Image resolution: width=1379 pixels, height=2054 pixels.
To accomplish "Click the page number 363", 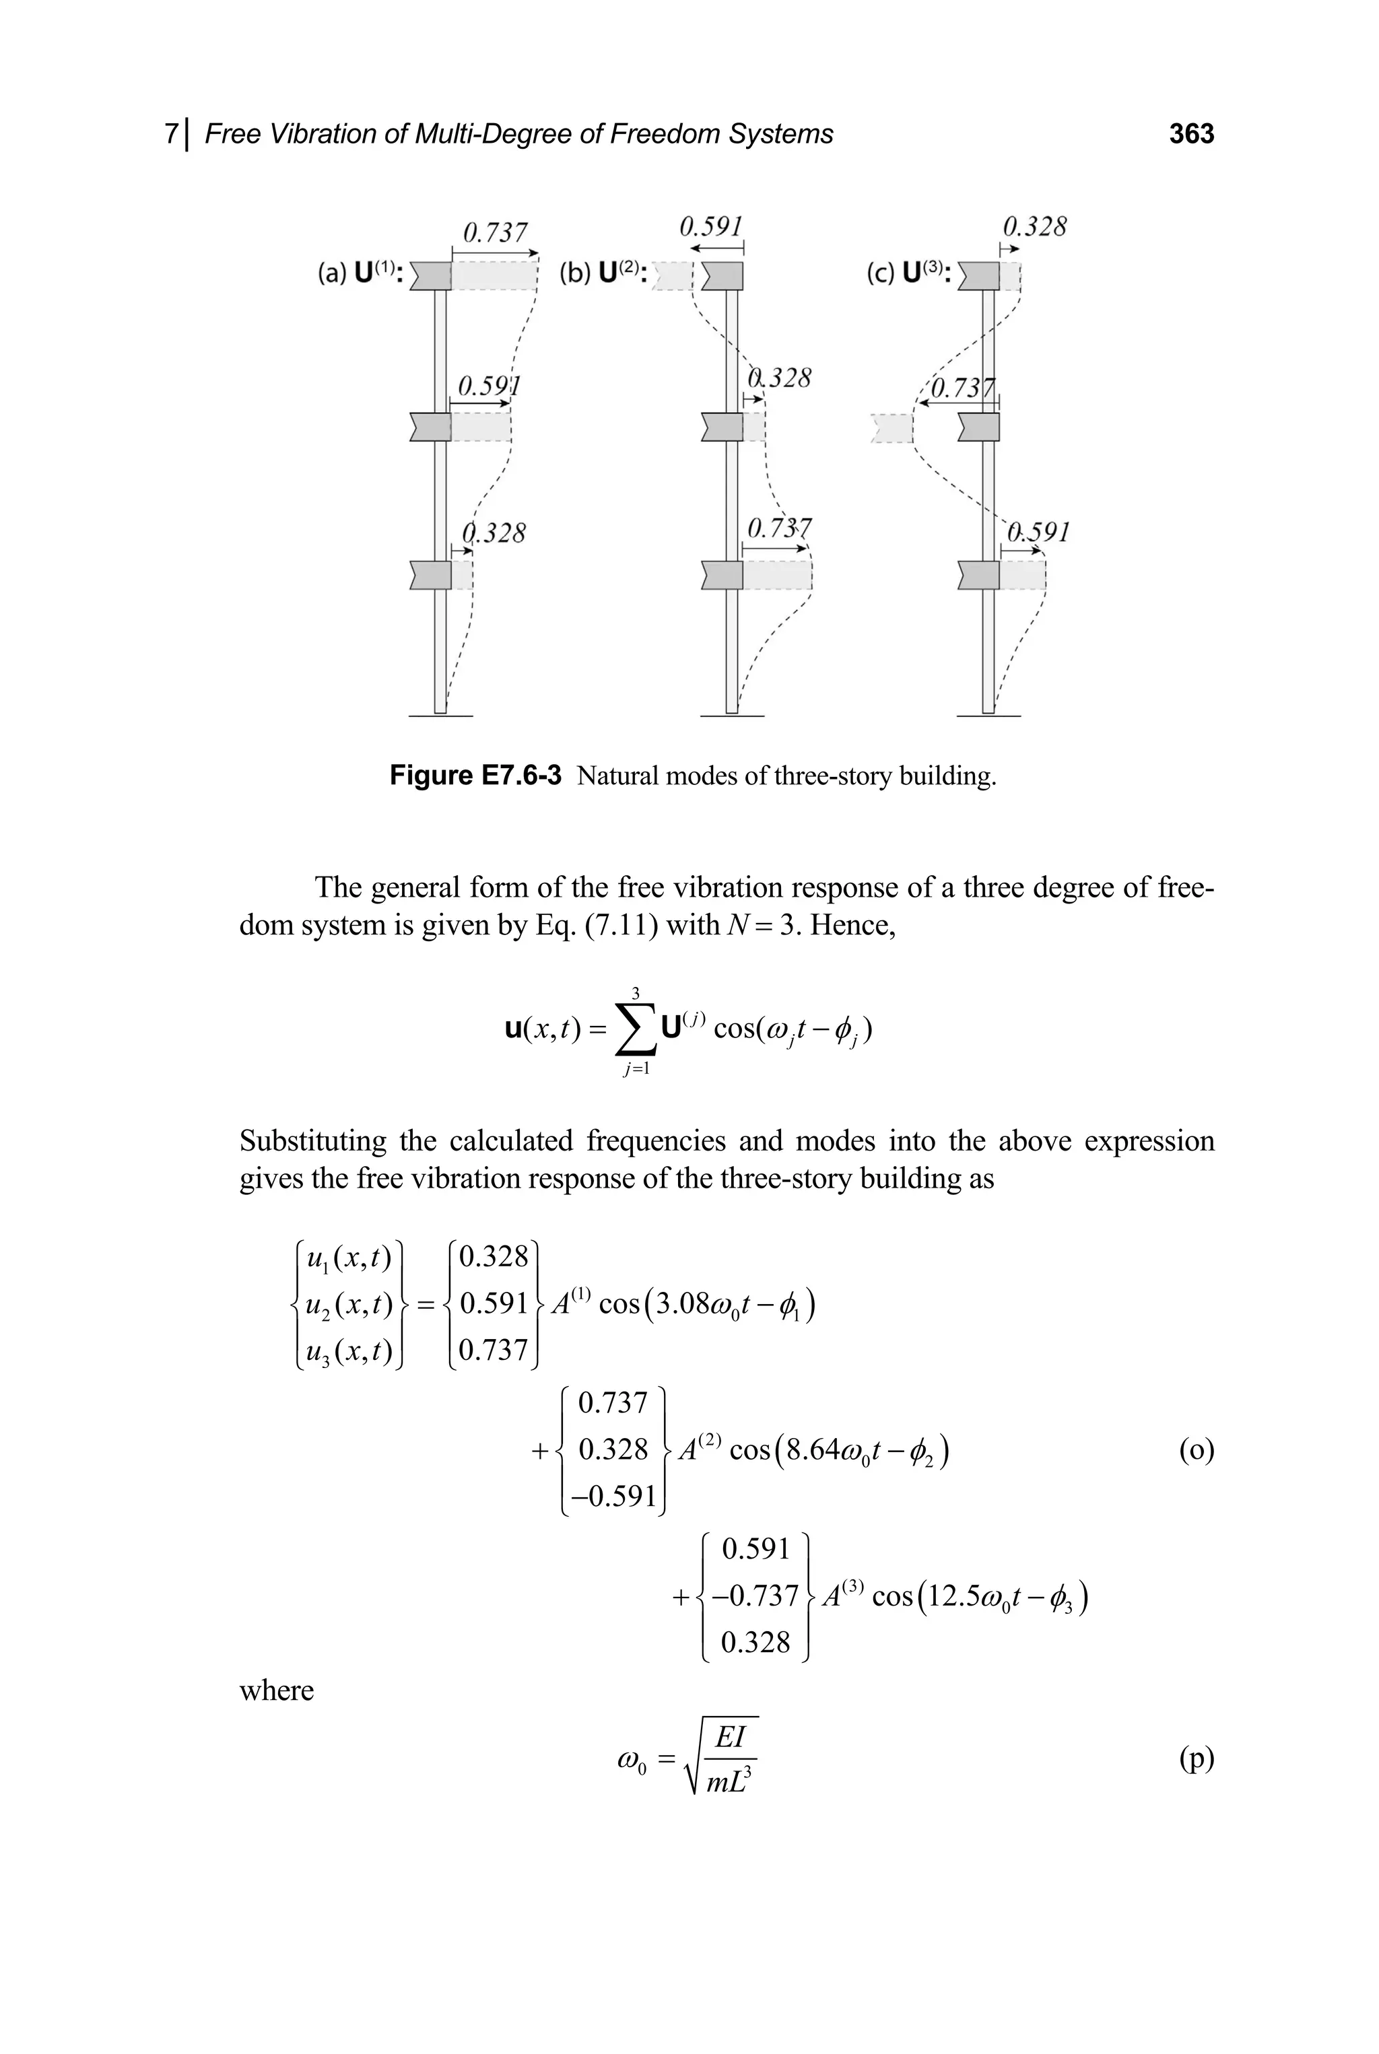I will (1190, 134).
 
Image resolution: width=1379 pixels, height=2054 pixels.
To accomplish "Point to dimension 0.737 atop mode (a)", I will (495, 232).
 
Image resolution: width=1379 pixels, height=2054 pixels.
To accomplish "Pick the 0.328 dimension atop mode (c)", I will (1034, 227).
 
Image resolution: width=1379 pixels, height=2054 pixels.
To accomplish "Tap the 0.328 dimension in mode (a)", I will (494, 533).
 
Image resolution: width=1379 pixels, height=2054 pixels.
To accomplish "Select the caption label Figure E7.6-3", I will (475, 776).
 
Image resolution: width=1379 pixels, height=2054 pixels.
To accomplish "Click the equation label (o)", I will (1196, 1449).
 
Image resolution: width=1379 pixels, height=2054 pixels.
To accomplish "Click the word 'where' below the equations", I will (276, 1690).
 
